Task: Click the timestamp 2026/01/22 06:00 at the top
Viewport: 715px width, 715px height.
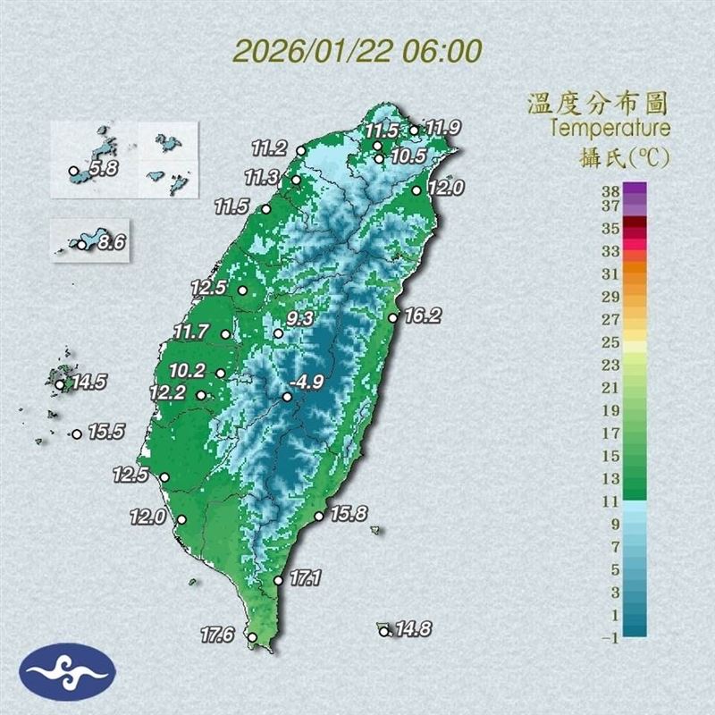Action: tap(357, 50)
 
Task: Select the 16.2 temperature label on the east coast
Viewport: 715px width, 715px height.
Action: tap(423, 315)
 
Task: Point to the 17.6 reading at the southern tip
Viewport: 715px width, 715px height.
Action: tap(217, 635)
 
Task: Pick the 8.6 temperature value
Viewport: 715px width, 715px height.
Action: tap(109, 240)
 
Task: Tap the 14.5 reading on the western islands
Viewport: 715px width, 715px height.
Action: tap(89, 383)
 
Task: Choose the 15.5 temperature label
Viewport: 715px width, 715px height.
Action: tap(106, 432)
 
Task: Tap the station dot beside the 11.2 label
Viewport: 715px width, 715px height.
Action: tap(301, 150)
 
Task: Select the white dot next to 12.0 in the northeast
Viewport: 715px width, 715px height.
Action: tap(417, 189)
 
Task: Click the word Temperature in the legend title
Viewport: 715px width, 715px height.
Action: tap(610, 128)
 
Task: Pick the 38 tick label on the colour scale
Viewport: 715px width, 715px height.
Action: tap(610, 189)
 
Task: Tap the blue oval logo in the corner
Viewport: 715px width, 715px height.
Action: tap(67, 672)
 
